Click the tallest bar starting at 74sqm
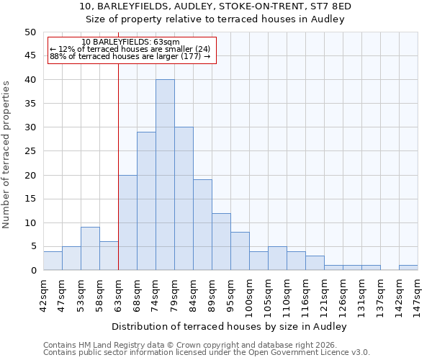165,175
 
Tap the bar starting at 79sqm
184,199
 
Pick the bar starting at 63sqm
127,222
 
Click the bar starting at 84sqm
202,225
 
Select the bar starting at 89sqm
221,241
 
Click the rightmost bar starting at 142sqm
408,268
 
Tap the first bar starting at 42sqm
53,261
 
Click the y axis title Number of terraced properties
7,154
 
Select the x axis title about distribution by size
230,326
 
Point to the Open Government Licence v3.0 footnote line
207,353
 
